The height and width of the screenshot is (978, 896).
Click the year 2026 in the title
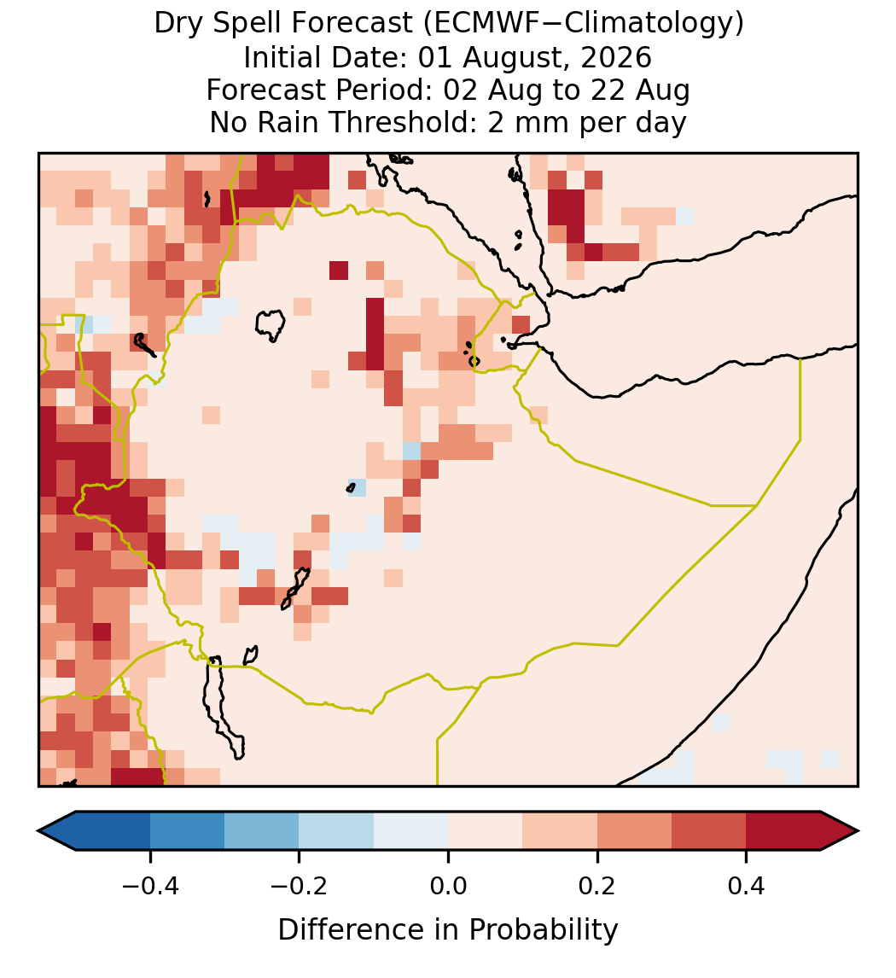click(x=617, y=57)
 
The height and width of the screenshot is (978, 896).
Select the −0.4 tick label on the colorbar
click(x=149, y=885)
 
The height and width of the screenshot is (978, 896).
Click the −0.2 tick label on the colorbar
click(x=299, y=885)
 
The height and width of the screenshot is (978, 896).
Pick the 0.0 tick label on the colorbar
click(x=448, y=885)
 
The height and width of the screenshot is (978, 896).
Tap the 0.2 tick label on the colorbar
click(x=597, y=885)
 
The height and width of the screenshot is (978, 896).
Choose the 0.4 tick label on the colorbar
click(x=747, y=885)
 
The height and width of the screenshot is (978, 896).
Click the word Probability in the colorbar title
click(x=544, y=930)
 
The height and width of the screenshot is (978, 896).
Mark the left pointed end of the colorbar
click(x=38, y=831)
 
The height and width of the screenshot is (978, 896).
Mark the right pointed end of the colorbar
click(x=858, y=831)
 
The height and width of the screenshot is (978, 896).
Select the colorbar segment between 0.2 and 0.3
click(x=634, y=831)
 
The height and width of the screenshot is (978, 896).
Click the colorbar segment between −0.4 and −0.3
click(x=187, y=831)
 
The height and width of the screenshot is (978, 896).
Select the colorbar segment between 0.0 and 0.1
click(x=485, y=831)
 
